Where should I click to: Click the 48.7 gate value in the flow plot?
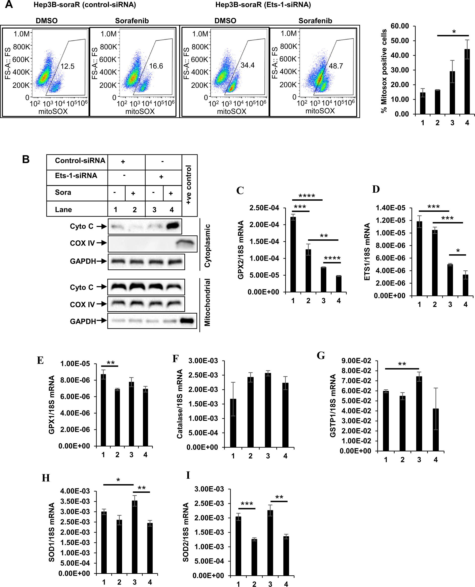point(336,66)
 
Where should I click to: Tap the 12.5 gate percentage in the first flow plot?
point(67,66)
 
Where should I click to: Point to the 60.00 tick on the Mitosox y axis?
point(400,26)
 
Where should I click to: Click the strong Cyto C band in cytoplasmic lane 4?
point(173,226)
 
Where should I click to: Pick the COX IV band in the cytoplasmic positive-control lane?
point(186,243)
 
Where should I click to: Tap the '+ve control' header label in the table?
point(189,185)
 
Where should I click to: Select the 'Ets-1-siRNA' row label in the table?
point(76,176)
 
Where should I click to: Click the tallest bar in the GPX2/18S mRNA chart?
point(293,254)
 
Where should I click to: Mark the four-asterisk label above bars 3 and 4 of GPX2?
point(332,258)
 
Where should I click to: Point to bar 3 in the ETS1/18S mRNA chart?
point(450,280)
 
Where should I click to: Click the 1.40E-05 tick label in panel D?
point(390,208)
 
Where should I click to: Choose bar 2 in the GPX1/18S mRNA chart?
point(117,417)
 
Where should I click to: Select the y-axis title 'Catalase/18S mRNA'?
point(180,404)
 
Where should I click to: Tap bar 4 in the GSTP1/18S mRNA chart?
point(436,430)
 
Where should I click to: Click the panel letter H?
point(46,478)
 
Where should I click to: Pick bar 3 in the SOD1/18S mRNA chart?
point(135,537)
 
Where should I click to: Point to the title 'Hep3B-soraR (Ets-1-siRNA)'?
point(263,5)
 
